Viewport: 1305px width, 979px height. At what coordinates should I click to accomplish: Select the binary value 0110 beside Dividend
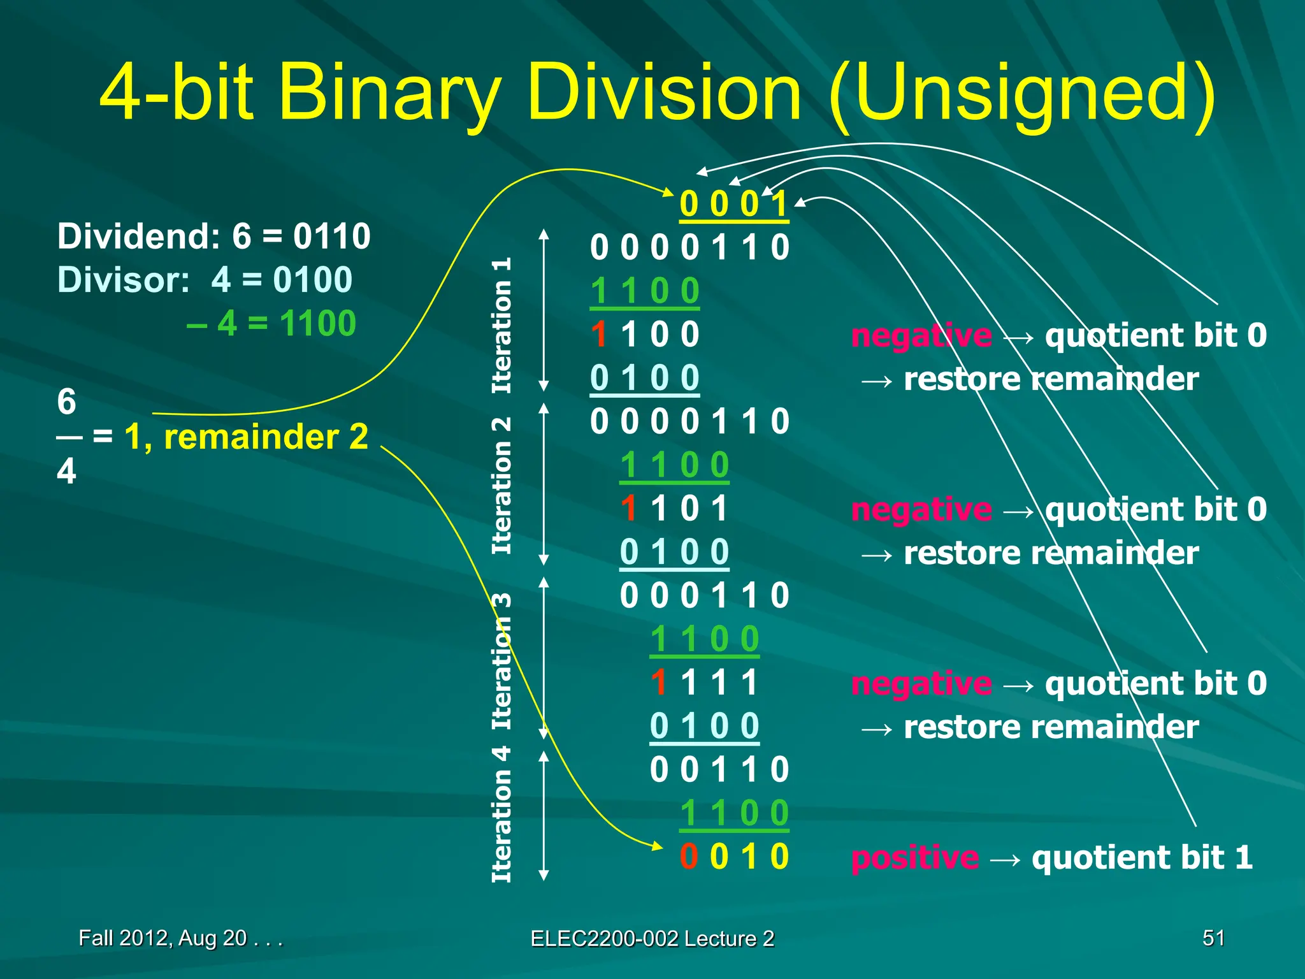(x=331, y=236)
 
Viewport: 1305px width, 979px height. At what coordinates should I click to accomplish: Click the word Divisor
(x=124, y=280)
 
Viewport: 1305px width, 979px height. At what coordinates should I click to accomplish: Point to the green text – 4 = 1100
(x=271, y=323)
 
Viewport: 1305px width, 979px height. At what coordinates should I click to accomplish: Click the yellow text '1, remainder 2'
(x=246, y=437)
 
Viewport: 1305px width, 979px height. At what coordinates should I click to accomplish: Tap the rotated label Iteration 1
(x=501, y=325)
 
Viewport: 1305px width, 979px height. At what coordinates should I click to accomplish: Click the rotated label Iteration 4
(x=501, y=814)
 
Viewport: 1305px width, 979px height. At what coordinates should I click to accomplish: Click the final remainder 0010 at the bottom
(x=734, y=857)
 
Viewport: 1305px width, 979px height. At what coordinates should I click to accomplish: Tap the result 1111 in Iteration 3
(x=704, y=683)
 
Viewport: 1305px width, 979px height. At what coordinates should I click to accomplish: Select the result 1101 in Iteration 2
(x=674, y=509)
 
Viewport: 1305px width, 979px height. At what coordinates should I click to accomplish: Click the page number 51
(x=1213, y=938)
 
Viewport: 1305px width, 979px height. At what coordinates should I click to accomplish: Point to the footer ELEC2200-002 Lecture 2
(x=652, y=939)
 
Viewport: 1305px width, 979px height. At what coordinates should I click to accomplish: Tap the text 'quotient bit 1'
(x=1142, y=858)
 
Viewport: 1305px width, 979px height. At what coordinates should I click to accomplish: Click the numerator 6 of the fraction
(x=66, y=402)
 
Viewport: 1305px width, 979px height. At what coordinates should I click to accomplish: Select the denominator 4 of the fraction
(x=66, y=472)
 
